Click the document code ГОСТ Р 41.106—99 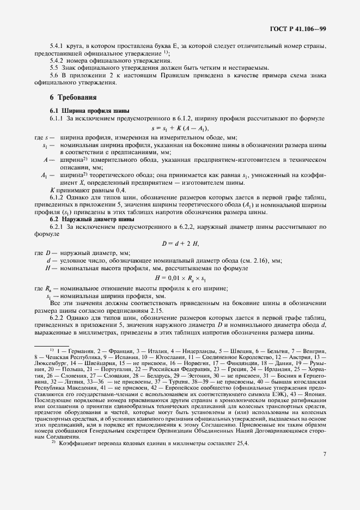click(298, 29)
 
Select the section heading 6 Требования click(73, 98)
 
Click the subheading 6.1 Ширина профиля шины click(82, 111)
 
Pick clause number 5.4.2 click(57, 62)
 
